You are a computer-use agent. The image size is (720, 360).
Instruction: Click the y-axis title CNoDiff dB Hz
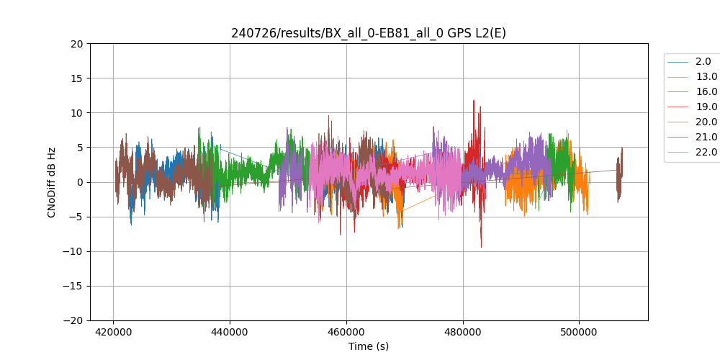[x=52, y=182]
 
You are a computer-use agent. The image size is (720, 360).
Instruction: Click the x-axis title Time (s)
[x=369, y=346]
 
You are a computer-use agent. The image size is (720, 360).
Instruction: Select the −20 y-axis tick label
[x=74, y=320]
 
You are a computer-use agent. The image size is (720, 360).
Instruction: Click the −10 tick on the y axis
[x=74, y=251]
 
